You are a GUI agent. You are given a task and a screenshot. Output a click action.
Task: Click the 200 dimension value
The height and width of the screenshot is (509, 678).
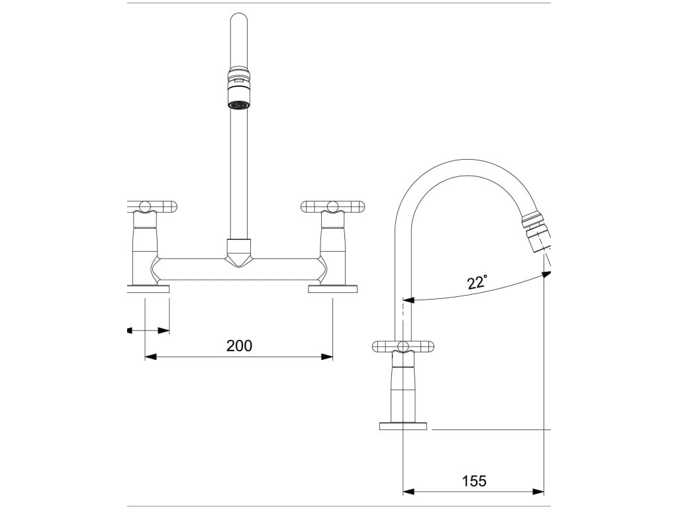[x=239, y=345]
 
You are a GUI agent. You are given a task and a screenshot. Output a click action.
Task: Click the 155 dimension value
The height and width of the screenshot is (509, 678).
[x=473, y=481]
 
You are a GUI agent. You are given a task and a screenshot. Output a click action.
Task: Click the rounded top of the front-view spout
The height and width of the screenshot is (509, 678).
[x=238, y=20]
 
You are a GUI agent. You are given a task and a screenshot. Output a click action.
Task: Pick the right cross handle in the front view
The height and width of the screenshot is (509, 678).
[x=332, y=207]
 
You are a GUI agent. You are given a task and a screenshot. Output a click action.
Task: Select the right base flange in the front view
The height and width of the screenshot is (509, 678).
[x=332, y=288]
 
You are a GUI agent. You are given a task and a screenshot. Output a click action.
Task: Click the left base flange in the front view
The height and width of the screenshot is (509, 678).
[x=149, y=288]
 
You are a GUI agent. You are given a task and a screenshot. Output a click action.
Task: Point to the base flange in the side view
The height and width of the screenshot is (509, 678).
[x=403, y=425]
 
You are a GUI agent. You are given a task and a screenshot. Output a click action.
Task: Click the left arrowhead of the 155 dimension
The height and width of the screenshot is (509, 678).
[x=409, y=491]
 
